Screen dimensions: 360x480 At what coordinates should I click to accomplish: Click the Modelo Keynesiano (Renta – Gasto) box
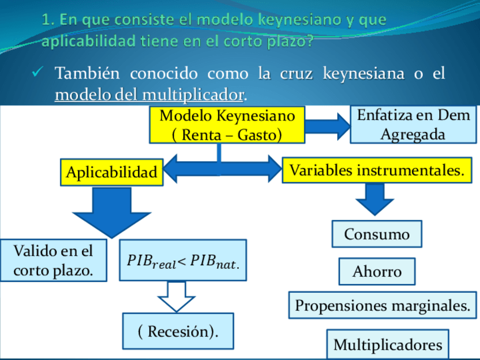pos(226,125)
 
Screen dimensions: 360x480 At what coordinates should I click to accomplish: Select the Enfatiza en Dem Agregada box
pos(413,125)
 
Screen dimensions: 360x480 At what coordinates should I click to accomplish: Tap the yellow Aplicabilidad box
pos(112,172)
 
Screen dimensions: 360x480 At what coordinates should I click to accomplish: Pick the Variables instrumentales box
pos(377,170)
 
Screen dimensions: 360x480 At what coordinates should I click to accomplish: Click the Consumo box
pos(376,234)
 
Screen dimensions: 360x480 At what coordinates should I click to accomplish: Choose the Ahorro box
pos(376,271)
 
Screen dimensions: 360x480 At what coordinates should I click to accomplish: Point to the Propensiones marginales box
pos(382,306)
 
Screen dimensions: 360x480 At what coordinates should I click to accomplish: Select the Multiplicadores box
pos(387,344)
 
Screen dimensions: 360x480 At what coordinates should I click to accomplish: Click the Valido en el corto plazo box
pos(53,260)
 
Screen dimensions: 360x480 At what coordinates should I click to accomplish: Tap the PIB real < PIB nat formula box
pos(183,260)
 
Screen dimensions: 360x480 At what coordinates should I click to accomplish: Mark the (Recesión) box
pos(178,331)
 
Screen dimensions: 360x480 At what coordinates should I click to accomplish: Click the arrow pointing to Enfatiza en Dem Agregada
pos(328,126)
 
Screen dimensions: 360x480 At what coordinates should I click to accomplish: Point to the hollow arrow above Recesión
pos(177,296)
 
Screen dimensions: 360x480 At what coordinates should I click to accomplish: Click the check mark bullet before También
pos(38,74)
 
